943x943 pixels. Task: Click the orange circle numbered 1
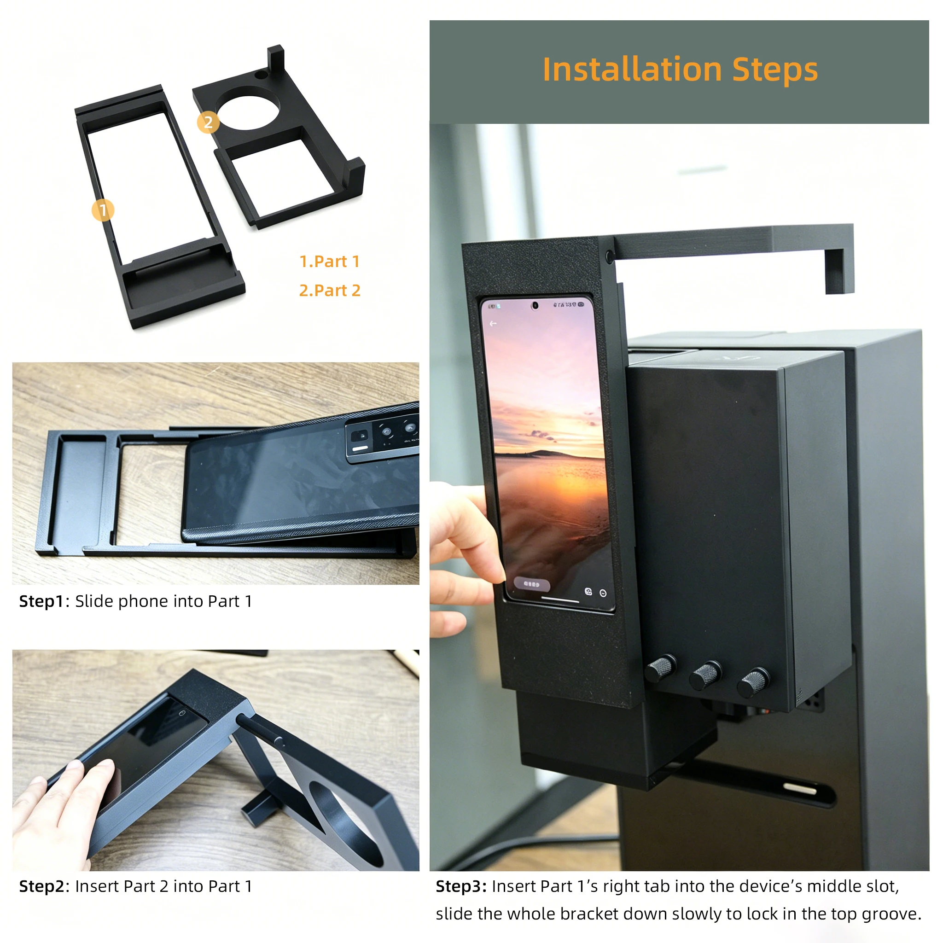(103, 210)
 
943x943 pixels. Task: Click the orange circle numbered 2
(208, 122)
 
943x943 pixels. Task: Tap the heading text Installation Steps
(680, 70)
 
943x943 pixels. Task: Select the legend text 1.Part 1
(330, 262)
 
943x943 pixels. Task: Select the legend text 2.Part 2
(330, 291)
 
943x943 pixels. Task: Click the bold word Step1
(41, 601)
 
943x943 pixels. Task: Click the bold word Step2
(41, 886)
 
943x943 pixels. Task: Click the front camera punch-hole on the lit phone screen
(535, 306)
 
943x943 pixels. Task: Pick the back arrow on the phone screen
(493, 324)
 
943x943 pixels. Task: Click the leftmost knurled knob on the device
(661, 668)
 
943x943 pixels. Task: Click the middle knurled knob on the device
(706, 675)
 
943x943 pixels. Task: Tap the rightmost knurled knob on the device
(753, 683)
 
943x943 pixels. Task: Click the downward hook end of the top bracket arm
(839, 271)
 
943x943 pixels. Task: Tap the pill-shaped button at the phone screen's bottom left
(531, 584)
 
